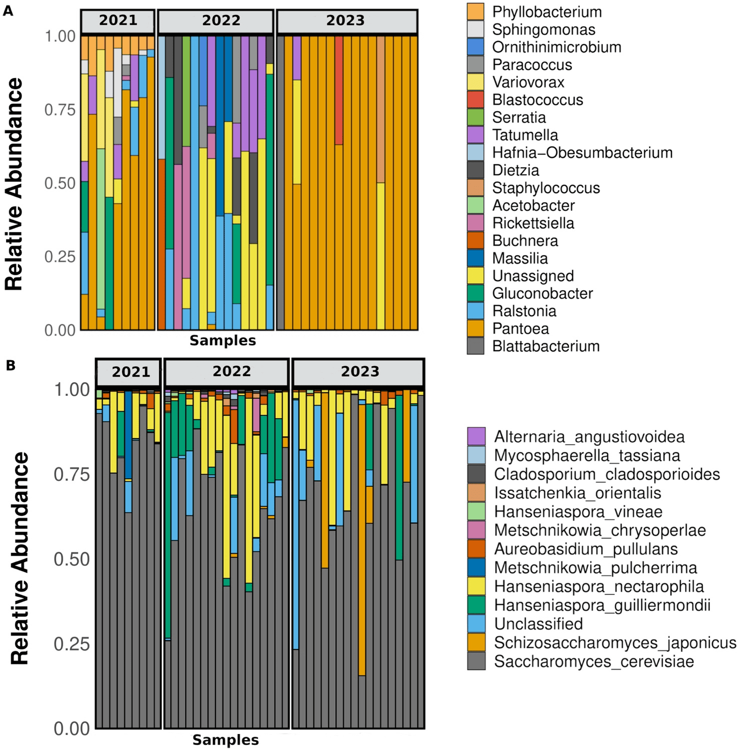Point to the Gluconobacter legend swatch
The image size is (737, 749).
pyautogui.click(x=475, y=293)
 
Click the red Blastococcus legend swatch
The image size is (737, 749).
pyautogui.click(x=475, y=100)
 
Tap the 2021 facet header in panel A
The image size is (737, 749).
pyautogui.click(x=118, y=21)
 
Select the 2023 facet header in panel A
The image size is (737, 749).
pyautogui.click(x=346, y=21)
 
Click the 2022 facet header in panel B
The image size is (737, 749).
pyautogui.click(x=232, y=371)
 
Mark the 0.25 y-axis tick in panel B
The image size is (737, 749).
pyautogui.click(x=71, y=643)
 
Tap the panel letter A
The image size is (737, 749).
pyautogui.click(x=8, y=11)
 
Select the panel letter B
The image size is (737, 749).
pyautogui.click(x=11, y=366)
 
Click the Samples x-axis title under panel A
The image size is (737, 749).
pyautogui.click(x=223, y=341)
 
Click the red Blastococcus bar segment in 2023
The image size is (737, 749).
pyautogui.click(x=339, y=90)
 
